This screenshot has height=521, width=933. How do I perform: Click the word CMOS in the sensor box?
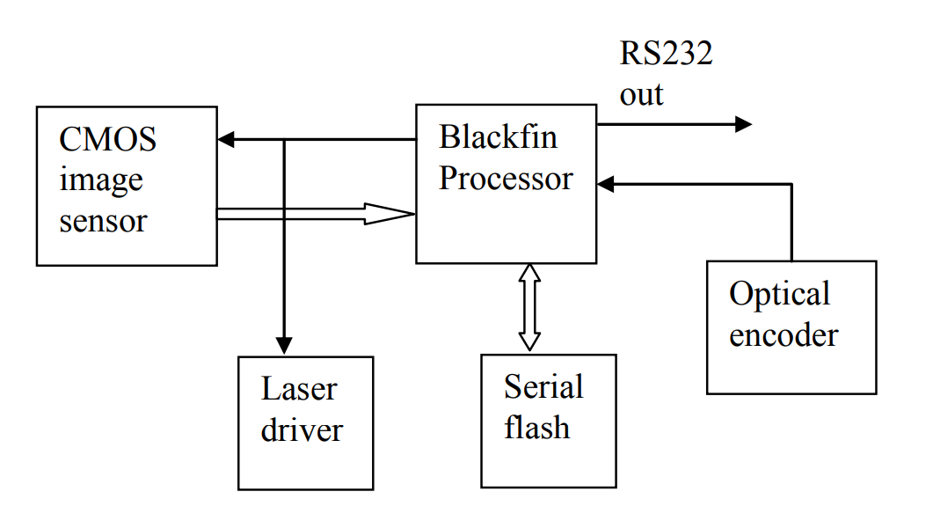[x=107, y=139]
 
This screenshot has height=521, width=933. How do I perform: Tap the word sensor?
[x=103, y=220]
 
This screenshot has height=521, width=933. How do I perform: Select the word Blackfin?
[x=498, y=137]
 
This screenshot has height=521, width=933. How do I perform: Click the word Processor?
[x=506, y=179]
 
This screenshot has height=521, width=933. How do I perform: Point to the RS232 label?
[x=666, y=55]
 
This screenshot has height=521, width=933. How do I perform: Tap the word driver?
[x=302, y=429]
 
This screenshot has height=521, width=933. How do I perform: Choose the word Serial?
[x=543, y=386]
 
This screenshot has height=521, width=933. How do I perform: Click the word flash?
[x=536, y=428]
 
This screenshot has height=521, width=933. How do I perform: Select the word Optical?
[x=779, y=294]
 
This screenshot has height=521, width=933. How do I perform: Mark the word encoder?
[x=784, y=335]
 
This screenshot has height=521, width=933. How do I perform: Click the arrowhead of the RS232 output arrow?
[x=743, y=124]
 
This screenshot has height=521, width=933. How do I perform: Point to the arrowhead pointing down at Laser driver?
[x=283, y=344]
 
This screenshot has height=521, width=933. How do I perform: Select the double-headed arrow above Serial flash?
[x=528, y=307]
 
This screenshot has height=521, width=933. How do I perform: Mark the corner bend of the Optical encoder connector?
[x=791, y=184]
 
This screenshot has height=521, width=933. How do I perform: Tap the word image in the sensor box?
[x=100, y=180]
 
